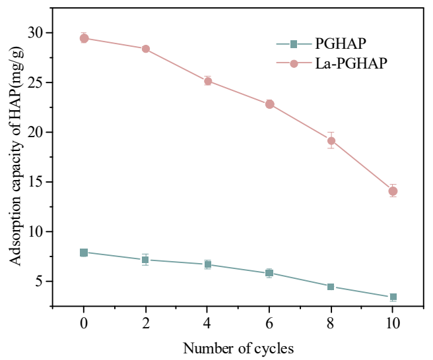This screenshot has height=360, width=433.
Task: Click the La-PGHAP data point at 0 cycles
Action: coord(84,38)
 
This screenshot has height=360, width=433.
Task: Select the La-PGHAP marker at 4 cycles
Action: coord(207,81)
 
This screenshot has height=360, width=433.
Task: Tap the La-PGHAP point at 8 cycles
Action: coord(331,140)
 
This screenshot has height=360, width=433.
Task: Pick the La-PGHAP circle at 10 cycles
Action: coord(393,191)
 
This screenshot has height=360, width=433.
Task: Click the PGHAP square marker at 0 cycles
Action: coord(84,253)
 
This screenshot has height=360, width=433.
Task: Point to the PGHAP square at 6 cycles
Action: coord(269,273)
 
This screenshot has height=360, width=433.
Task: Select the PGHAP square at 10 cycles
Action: coord(393,297)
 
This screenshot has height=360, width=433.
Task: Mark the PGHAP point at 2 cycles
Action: coord(145,260)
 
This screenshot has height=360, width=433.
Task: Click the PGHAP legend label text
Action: coord(341,44)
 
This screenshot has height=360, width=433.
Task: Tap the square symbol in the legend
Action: coord(294,44)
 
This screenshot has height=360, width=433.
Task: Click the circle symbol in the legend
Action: coord(294,63)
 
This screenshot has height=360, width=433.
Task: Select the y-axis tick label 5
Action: coord(40,282)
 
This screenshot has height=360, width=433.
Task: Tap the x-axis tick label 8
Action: coord(331,324)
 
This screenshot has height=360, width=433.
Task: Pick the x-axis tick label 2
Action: coord(145,324)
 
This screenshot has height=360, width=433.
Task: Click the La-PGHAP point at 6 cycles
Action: coord(269,104)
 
